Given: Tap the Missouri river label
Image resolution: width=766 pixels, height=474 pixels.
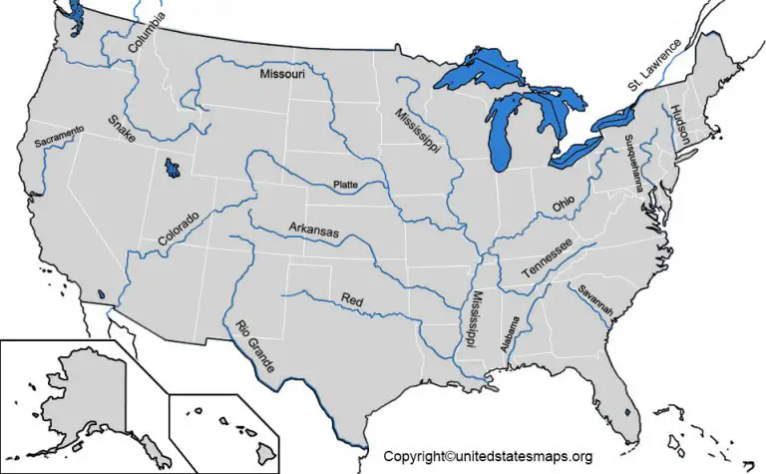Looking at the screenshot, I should [x=283, y=74].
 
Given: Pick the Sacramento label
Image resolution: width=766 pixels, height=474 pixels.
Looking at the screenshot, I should [x=59, y=139].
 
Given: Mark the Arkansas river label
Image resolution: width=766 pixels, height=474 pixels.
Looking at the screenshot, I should [x=314, y=231].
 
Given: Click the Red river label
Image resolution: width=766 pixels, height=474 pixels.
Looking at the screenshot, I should [x=352, y=298].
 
